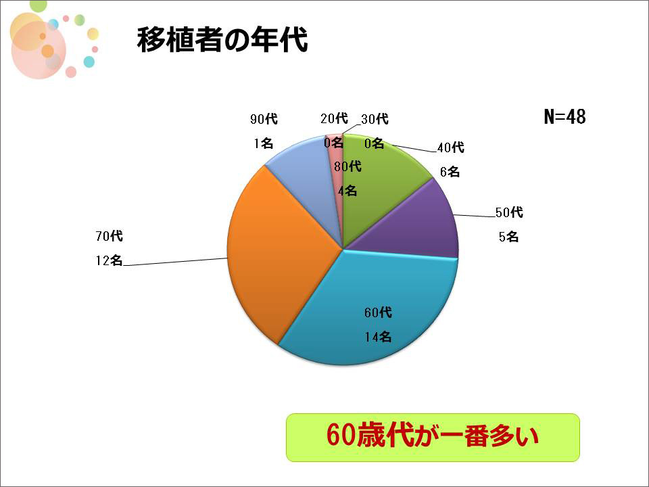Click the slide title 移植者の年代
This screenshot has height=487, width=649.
[x=222, y=40]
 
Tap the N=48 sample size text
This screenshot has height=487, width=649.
[x=564, y=117]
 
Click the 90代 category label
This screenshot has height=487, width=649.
[x=264, y=119]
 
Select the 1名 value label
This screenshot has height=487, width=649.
[x=264, y=143]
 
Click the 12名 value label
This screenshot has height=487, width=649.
[x=110, y=260]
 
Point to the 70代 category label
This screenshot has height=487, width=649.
[x=110, y=236]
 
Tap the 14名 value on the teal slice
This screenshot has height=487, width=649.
[x=378, y=337]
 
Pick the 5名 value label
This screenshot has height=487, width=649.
[x=508, y=237]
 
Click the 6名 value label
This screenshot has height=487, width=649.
[x=450, y=171]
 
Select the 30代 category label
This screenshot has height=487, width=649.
[x=375, y=119]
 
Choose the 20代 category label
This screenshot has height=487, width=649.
[x=334, y=118]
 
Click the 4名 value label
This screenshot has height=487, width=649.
[x=347, y=191]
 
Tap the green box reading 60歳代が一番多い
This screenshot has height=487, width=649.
[x=433, y=438]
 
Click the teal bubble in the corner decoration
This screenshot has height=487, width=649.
[x=89, y=62]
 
